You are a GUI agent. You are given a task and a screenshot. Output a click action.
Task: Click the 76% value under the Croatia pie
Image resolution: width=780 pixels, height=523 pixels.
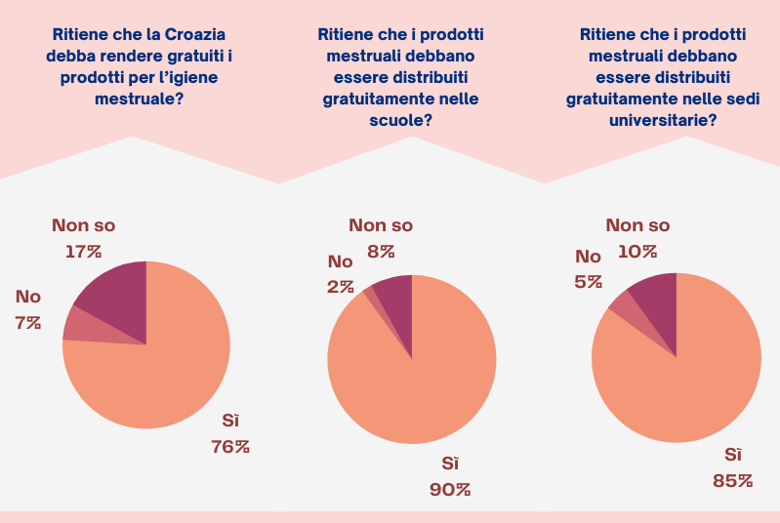(x=230, y=447)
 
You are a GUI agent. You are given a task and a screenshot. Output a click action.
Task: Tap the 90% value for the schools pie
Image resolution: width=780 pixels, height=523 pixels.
(x=450, y=489)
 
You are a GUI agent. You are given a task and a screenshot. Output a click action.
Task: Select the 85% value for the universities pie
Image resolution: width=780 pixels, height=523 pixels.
(x=732, y=480)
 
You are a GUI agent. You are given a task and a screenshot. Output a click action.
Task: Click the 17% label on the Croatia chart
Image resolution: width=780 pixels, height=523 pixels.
(x=83, y=252)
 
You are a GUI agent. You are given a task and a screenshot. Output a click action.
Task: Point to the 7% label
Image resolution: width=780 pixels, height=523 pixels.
(x=28, y=322)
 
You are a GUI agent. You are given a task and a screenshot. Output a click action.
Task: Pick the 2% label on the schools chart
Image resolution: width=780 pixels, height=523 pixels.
(x=340, y=287)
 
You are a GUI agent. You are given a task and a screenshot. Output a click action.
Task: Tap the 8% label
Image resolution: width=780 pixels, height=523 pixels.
(x=381, y=251)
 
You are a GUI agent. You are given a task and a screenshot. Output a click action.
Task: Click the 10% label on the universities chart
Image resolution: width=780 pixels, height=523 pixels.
(x=637, y=251)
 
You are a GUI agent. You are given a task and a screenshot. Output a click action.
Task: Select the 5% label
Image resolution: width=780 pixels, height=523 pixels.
(x=588, y=283)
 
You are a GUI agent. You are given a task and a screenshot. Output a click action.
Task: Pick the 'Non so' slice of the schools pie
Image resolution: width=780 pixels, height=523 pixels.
(x=393, y=295)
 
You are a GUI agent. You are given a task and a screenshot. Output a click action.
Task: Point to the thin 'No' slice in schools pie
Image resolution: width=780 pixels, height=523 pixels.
(x=369, y=292)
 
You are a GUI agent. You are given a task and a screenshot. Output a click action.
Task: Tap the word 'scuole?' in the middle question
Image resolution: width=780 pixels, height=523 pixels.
(x=401, y=120)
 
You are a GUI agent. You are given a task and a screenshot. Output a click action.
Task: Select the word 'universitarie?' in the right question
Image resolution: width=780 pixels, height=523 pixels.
(x=663, y=120)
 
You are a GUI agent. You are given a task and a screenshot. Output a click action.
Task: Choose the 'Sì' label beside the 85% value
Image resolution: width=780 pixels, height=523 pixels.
(x=732, y=455)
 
